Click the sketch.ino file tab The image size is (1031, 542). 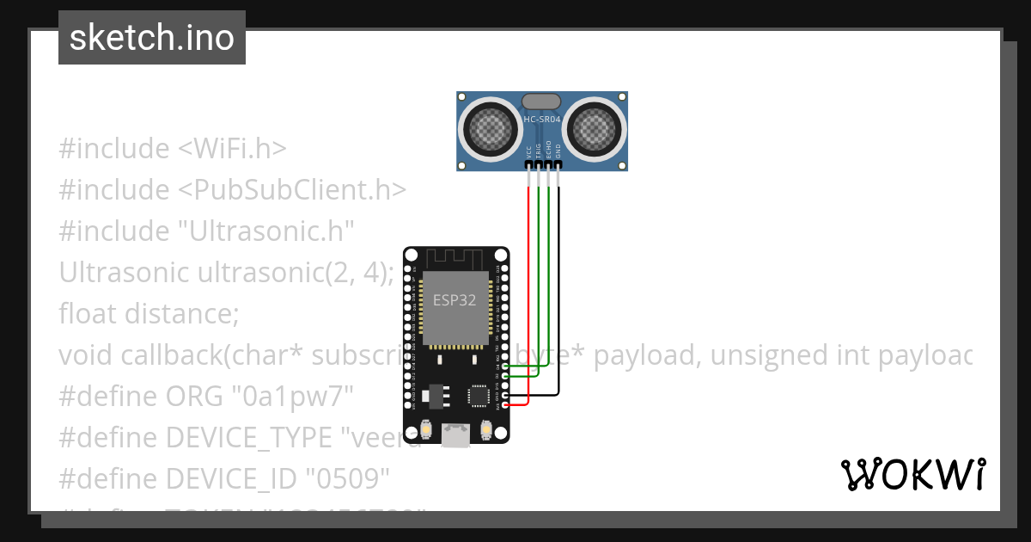[x=152, y=38]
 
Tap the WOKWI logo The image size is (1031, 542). [x=912, y=474]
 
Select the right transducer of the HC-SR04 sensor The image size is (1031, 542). [x=594, y=129]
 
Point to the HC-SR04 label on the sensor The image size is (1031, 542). [x=541, y=119]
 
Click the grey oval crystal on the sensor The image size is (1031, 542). [x=541, y=102]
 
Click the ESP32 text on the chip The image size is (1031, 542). [x=454, y=301]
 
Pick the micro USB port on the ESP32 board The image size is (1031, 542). [x=456, y=435]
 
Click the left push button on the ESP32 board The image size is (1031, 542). [x=426, y=429]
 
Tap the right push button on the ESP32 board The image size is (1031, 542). [x=486, y=429]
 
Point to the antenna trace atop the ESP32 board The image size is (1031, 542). [x=455, y=257]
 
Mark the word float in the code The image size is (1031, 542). [x=88, y=313]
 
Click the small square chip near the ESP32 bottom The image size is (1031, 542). [x=478, y=396]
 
